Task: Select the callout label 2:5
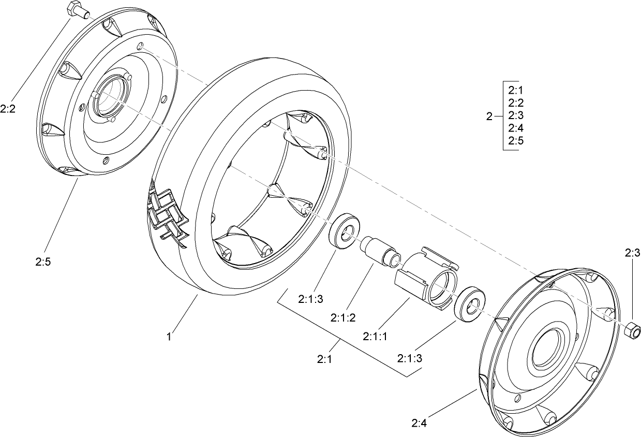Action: click(x=43, y=263)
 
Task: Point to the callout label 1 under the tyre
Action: click(x=169, y=337)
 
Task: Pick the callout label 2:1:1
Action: click(x=376, y=337)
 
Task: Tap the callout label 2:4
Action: click(x=420, y=423)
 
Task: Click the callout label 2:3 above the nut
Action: click(x=632, y=253)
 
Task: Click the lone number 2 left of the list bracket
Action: click(x=489, y=116)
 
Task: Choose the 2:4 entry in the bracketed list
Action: click(x=516, y=128)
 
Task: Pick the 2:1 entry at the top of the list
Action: click(x=516, y=90)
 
